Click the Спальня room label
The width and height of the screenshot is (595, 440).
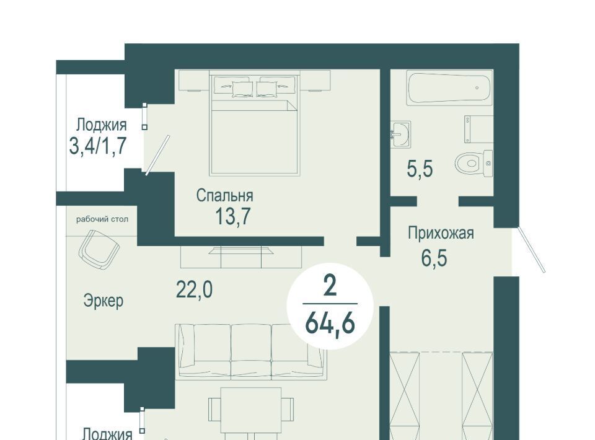click(224, 196)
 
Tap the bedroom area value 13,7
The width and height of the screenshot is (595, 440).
click(232, 216)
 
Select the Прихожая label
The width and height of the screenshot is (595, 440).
click(441, 233)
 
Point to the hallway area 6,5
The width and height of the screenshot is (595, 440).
click(434, 258)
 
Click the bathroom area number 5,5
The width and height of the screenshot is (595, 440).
click(420, 169)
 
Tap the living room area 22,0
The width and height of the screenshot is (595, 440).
click(194, 290)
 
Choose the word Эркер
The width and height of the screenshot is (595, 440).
click(104, 301)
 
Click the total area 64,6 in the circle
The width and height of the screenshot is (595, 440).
click(330, 323)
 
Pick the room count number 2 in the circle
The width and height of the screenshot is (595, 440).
click(330, 286)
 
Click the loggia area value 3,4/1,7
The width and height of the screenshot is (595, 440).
click(97, 146)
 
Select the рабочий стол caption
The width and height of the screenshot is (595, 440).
click(102, 219)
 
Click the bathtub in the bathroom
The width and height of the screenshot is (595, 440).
click(449, 89)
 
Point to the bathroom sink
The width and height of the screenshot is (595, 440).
click(400, 134)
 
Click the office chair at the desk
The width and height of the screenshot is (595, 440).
click(99, 249)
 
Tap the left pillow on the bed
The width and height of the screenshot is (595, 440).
click(233, 87)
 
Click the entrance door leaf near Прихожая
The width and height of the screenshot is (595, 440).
click(532, 250)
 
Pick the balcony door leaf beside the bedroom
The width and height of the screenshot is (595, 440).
click(157, 155)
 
